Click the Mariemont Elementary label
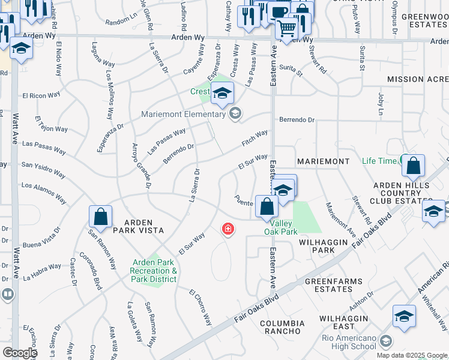tap(182, 114)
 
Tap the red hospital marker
tap(228, 229)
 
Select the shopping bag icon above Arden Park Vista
tap(101, 217)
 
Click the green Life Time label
tap(379, 161)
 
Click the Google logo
tap(19, 353)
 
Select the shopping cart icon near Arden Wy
tap(287, 28)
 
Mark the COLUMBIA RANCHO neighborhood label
tap(280, 327)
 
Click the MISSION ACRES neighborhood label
tap(418, 79)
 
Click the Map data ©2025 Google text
tap(412, 355)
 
